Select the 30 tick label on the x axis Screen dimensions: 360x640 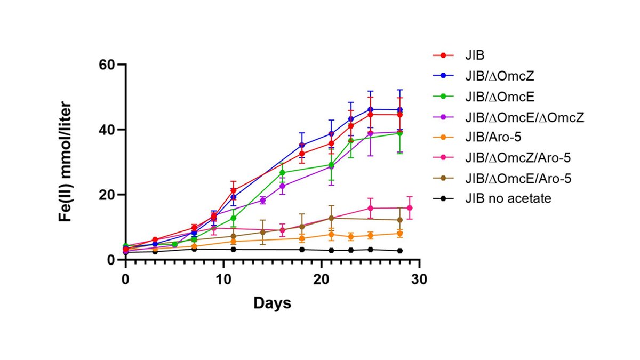(x=419, y=280)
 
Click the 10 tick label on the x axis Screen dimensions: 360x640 (x=223, y=280)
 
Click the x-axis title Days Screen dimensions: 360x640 (x=272, y=303)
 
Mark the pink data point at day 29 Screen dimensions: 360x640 (x=410, y=208)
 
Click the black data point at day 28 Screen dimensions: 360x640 (x=400, y=251)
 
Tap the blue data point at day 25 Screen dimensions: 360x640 (x=370, y=109)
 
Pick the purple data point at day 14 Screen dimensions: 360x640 (x=262, y=200)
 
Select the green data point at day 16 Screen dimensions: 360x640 (x=282, y=172)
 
